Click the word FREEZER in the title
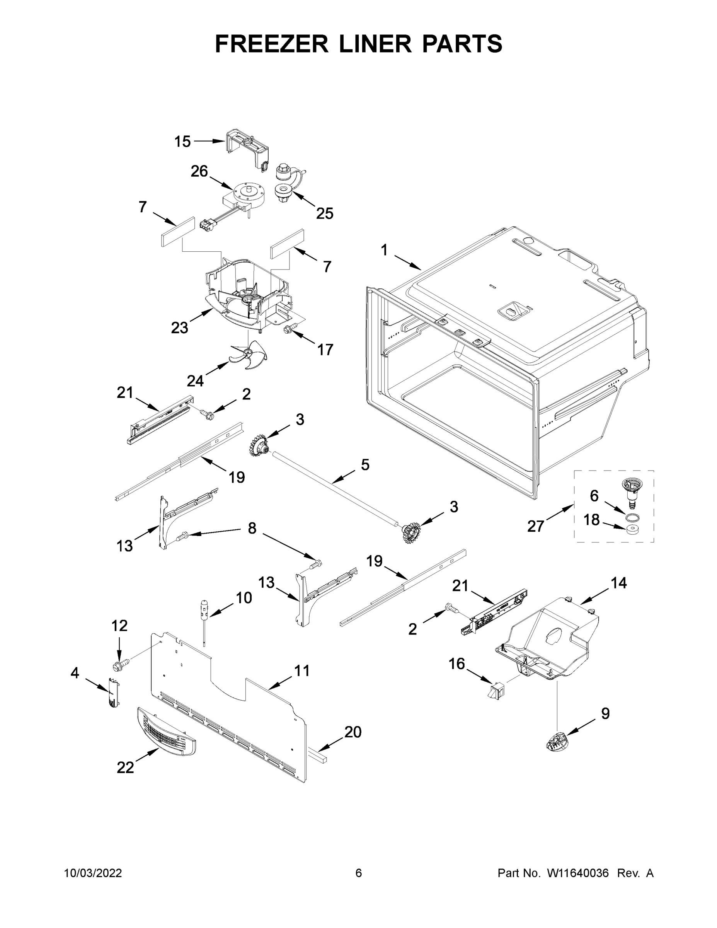coord(271,44)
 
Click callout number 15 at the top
coord(183,142)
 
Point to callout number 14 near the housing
coord(618,583)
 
